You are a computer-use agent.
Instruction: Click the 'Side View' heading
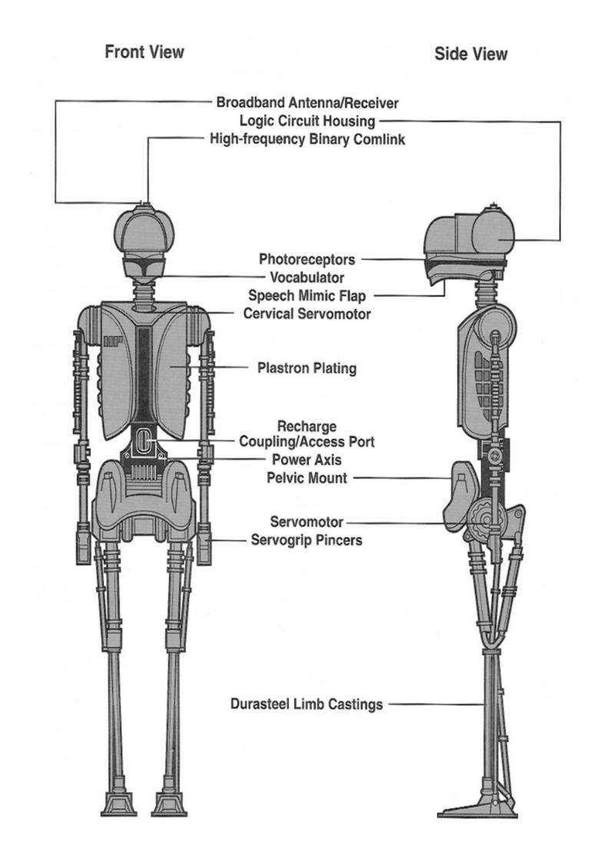click(470, 54)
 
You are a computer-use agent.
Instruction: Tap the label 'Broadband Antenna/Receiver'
click(307, 102)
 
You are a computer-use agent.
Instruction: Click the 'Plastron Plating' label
click(307, 369)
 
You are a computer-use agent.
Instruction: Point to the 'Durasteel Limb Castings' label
click(307, 704)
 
